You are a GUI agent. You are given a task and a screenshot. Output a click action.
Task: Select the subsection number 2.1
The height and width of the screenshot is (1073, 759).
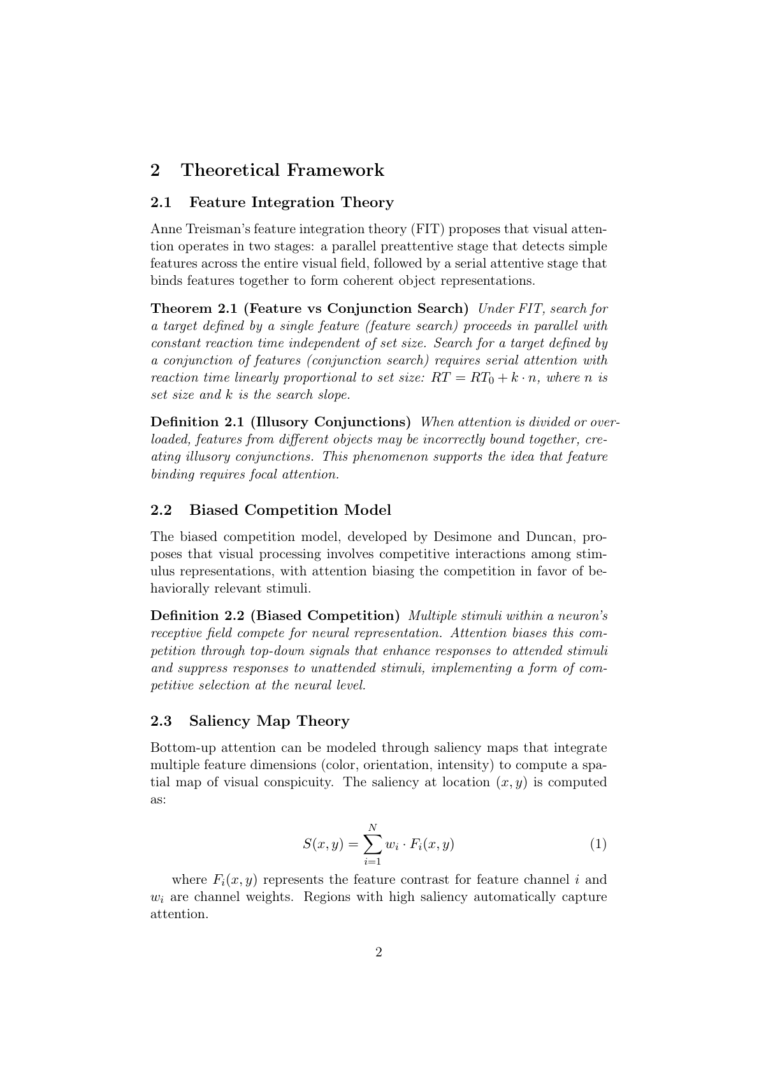(161, 203)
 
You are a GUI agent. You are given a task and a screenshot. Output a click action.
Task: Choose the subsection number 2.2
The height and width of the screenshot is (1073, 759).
(161, 510)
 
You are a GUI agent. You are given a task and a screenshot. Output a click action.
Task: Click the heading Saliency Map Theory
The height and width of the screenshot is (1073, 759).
(269, 721)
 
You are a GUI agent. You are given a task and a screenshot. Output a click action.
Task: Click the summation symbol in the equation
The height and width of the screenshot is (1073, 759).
(373, 844)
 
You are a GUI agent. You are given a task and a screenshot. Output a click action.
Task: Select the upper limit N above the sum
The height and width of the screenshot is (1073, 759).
(373, 827)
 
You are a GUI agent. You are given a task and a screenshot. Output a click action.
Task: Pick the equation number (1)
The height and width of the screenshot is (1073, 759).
(598, 844)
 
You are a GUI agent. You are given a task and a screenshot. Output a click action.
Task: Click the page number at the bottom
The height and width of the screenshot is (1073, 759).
(379, 953)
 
